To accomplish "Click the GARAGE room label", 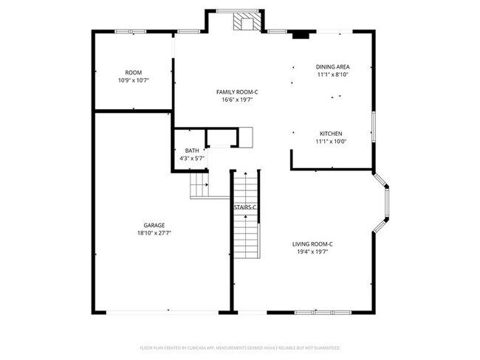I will coord(154,226).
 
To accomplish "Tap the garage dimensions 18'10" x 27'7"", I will coord(154,233).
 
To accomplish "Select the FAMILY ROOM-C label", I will coord(236,92).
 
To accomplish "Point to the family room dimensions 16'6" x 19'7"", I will coord(236,100).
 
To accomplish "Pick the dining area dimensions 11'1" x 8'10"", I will coord(332,75).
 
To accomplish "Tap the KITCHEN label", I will coord(332,134).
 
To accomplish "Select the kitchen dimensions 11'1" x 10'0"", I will coord(332,141).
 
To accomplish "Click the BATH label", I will coord(192,150).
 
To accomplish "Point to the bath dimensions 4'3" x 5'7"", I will coord(192,158).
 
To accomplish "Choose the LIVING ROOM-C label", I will coord(312,244).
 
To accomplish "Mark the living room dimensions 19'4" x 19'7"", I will coord(312,252).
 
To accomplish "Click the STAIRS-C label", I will coord(245,208).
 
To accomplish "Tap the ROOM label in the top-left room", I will coord(133,72).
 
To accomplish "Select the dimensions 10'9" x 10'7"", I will coord(133,80).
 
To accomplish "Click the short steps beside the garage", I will coord(199,186).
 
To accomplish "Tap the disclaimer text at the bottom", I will coord(239,347).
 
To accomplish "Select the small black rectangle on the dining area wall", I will coord(301,34).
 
